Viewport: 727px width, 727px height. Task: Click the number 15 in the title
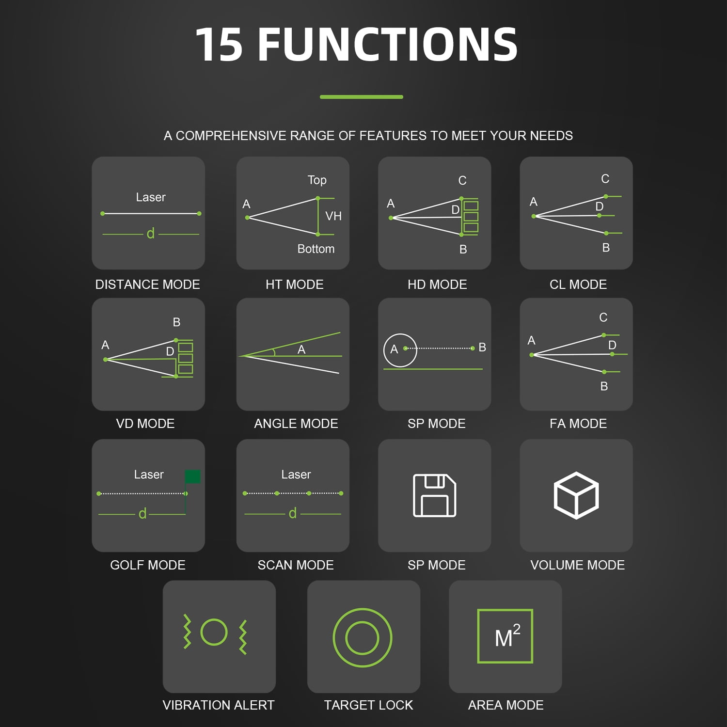219,45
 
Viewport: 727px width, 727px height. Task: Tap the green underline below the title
362,97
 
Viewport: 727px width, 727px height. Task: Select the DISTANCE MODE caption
148,284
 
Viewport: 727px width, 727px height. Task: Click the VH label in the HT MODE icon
333,216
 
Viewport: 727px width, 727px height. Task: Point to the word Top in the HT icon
317,180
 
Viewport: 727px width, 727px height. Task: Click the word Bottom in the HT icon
316,249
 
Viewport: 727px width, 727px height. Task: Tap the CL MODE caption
578,284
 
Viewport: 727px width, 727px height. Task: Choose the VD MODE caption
145,424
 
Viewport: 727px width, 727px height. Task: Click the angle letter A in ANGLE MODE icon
301,349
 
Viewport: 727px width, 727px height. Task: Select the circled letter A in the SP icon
394,349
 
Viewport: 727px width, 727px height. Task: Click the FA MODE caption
578,424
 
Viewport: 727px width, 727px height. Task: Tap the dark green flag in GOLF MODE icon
192,476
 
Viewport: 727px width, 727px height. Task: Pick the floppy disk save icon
435,495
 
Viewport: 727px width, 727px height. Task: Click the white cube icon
576,496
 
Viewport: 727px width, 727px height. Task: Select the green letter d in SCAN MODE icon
293,513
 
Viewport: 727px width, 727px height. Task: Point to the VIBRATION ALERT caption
219,705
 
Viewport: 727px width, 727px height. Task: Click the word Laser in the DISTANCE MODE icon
151,197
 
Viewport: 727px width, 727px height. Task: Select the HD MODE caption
437,284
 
